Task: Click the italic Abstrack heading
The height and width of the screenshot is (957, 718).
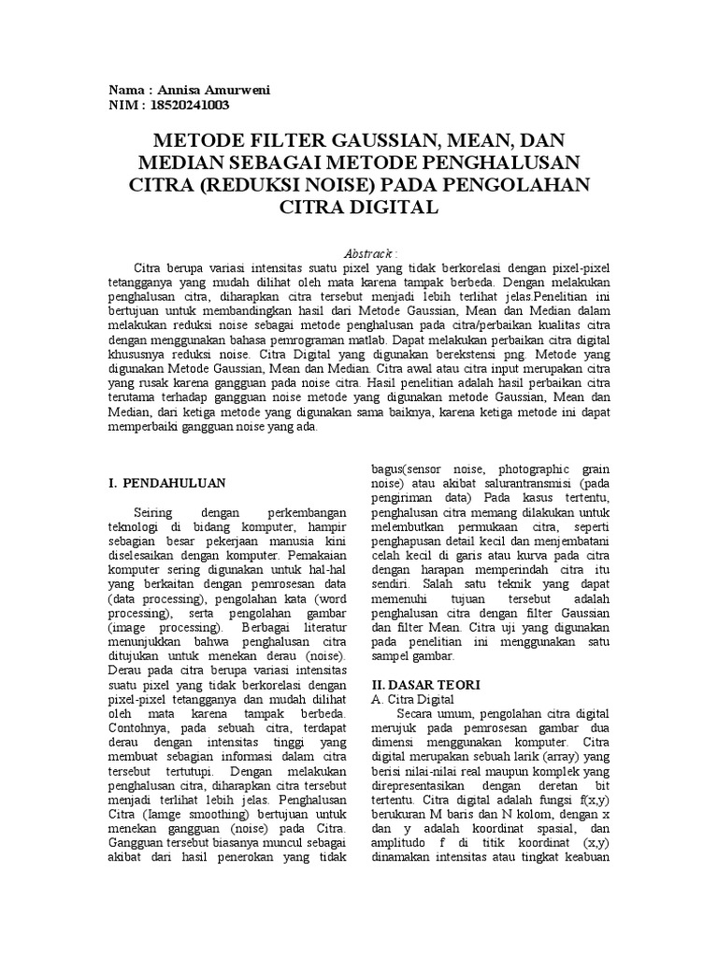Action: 371,252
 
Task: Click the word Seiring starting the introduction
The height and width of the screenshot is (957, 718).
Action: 155,513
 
